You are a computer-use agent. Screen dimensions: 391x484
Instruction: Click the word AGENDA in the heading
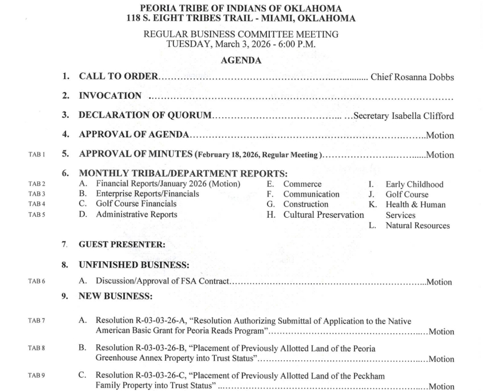242,60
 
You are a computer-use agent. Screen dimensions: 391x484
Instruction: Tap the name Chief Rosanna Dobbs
412,76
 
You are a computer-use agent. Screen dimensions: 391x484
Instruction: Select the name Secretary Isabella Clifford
404,116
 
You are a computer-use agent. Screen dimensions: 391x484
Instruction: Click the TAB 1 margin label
36,155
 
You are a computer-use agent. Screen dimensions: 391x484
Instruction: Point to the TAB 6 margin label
36,282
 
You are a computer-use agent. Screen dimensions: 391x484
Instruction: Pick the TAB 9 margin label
36,376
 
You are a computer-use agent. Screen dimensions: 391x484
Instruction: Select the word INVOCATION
110,96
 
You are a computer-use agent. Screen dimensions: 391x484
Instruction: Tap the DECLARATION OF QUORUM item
145,116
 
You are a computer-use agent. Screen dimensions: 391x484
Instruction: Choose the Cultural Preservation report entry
323,215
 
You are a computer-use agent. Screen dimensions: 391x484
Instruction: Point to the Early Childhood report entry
414,184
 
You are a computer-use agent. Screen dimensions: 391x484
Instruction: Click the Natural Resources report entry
418,226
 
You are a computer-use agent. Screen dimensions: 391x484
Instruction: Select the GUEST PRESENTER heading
121,245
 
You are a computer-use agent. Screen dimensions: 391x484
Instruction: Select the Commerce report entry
302,184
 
